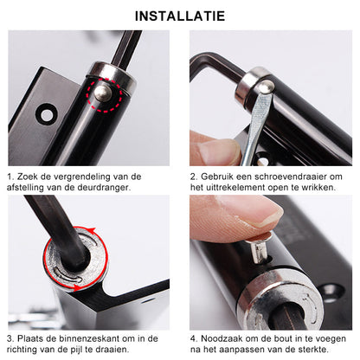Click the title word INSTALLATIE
coord(180,16)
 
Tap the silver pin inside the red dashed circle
coord(103,93)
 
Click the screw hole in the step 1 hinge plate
coord(47,115)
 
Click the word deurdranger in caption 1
coord(104,188)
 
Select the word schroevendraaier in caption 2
coord(291,177)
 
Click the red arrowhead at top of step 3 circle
coord(92,231)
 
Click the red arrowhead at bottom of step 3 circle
coord(77,287)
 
